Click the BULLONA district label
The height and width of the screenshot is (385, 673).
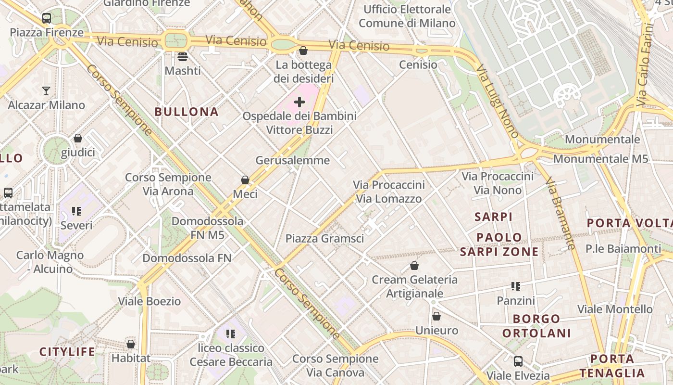[x=187, y=112]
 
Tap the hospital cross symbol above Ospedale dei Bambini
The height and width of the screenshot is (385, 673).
[x=299, y=102]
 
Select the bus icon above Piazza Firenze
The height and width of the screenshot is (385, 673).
[x=47, y=18]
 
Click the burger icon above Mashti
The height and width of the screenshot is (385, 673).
[x=183, y=57]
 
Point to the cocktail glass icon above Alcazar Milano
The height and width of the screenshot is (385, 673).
[x=46, y=91]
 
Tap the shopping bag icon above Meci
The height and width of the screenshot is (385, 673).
[x=245, y=180]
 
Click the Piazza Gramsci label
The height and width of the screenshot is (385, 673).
[x=324, y=239]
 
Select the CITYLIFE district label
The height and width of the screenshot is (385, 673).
[x=67, y=352]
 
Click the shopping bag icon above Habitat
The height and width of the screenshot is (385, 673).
[x=131, y=344]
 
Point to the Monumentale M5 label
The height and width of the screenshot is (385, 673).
[x=601, y=159]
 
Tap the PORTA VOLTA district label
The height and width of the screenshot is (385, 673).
[x=629, y=223]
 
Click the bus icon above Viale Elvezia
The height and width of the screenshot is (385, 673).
[x=518, y=361]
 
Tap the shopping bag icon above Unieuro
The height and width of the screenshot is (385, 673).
[x=436, y=316]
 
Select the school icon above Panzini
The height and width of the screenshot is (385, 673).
[x=516, y=287]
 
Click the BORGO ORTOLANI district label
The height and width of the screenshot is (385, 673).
[x=536, y=326]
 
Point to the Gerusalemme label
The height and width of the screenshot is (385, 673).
[x=293, y=160]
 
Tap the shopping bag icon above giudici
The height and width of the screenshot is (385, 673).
[x=78, y=139]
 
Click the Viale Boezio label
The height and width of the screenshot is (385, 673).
[x=150, y=302]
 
